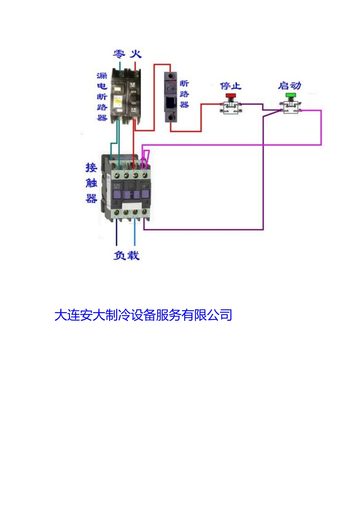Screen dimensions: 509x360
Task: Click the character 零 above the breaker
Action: point(119,54)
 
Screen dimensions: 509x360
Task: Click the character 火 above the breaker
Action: point(136,54)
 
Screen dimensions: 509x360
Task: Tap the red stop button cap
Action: point(230,96)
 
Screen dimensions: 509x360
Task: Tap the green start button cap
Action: point(291,95)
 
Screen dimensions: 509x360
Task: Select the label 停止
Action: point(231,86)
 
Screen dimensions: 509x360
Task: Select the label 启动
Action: point(290,86)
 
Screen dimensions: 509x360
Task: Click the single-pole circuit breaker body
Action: point(171,97)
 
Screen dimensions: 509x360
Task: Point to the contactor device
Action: point(127,189)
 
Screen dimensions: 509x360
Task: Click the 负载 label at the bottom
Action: point(127,255)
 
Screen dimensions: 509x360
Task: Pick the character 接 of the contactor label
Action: point(91,167)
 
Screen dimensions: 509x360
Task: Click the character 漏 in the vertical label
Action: point(102,76)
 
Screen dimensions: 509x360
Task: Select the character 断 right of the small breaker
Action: point(184,83)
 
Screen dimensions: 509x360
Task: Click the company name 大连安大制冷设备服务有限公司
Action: point(143,315)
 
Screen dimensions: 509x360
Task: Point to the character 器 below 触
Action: point(91,198)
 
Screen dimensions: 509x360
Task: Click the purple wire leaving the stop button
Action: point(252,104)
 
